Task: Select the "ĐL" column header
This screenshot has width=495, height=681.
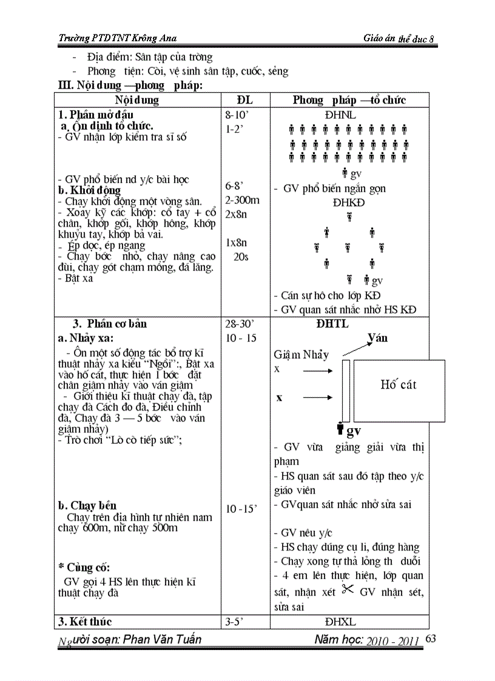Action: pos(244,100)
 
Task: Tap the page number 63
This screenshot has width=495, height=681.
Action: pos(431,638)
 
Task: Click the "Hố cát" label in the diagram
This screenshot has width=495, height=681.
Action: pos(399,384)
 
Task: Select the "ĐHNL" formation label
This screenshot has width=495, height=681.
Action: pos(340,115)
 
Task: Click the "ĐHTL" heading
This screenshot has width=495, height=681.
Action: pos(332,324)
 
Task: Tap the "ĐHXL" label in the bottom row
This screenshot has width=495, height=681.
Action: pos(340,622)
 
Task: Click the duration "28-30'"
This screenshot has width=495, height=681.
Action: pos(239,324)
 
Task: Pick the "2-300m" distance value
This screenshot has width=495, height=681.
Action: pos(242,200)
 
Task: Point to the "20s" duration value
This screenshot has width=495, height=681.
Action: pos(241,257)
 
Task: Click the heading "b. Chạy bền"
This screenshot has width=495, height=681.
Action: pos(87,505)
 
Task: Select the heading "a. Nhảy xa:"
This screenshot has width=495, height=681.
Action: pos(86,338)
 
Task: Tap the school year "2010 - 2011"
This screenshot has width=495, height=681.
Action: pos(393,641)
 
